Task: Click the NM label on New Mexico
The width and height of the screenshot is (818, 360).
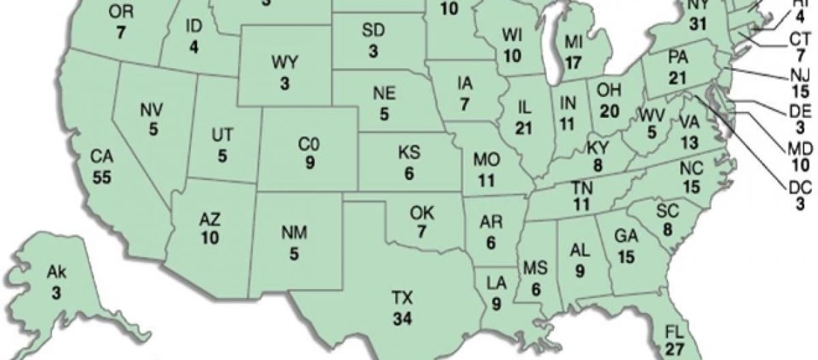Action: coord(294,234)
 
